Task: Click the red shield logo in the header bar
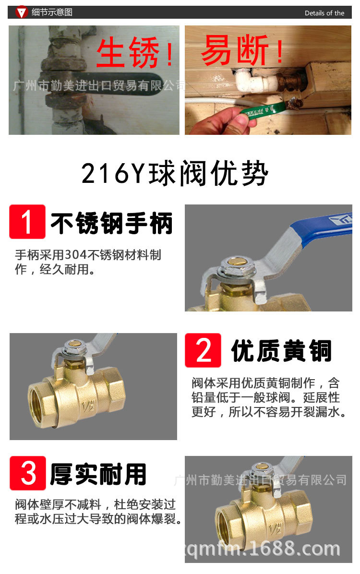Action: (x=22, y=12)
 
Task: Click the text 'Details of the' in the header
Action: (x=324, y=13)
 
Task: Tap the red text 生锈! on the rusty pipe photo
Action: (x=135, y=52)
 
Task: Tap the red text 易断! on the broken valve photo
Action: (x=242, y=50)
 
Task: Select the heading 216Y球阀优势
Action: (x=175, y=173)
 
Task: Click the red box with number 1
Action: (x=27, y=221)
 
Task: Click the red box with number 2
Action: (x=203, y=350)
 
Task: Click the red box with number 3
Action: (x=28, y=473)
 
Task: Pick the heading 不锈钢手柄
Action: (x=112, y=223)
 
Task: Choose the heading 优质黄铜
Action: (x=282, y=351)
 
